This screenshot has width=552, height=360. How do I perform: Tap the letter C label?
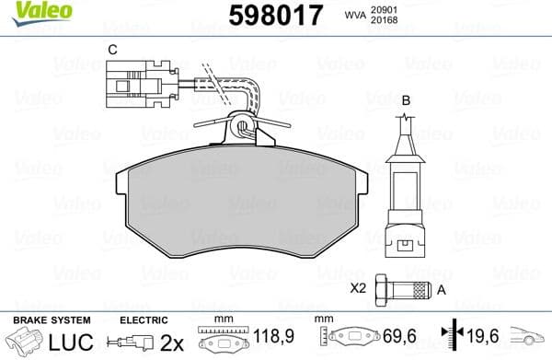tap(111, 49)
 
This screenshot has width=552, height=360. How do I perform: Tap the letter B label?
tap(405, 99)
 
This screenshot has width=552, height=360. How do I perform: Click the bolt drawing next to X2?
tap(406, 291)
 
